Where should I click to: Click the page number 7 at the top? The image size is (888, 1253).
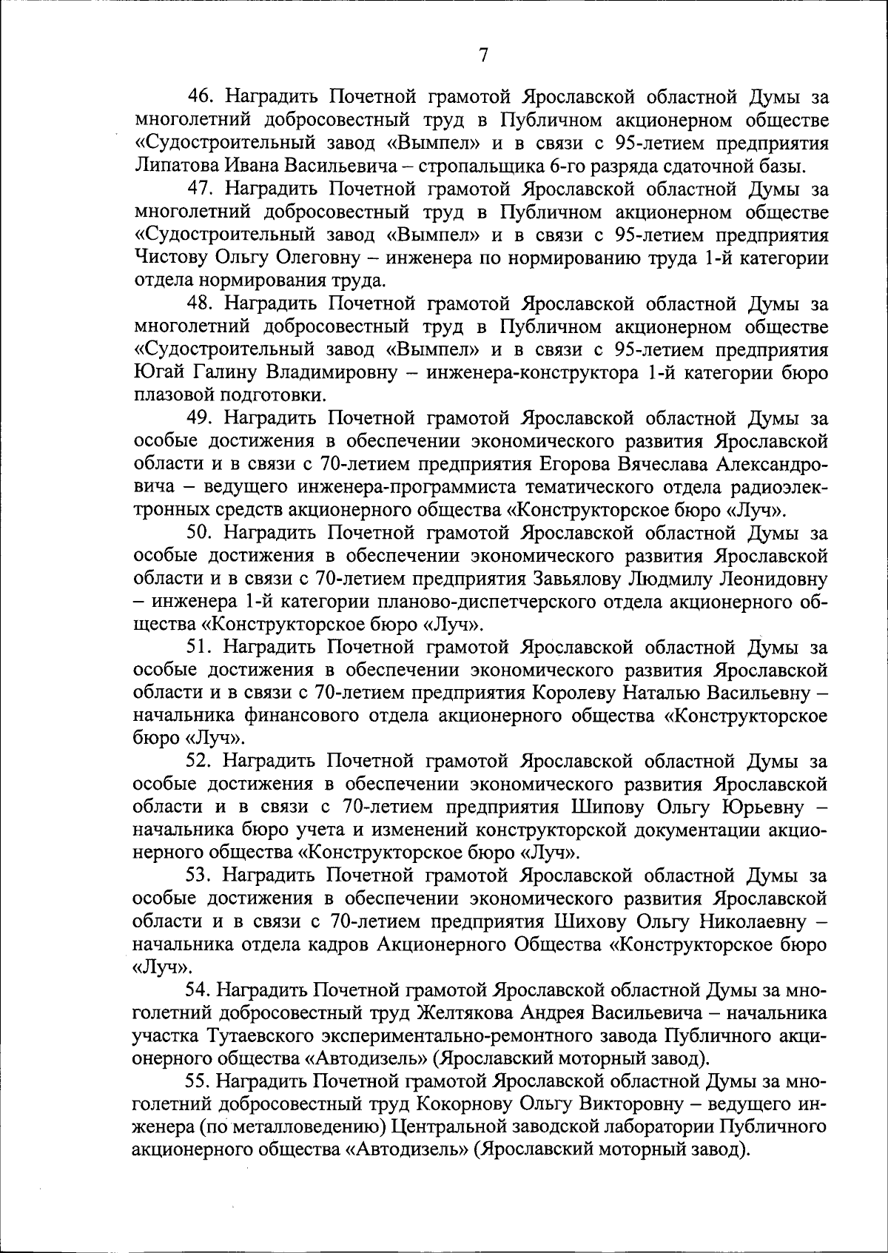point(483,55)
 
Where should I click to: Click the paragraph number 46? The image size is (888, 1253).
point(201,97)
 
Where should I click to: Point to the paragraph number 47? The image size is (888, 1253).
point(201,189)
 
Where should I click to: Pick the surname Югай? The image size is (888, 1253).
point(153,373)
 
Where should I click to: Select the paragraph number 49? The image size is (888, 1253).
point(201,419)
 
